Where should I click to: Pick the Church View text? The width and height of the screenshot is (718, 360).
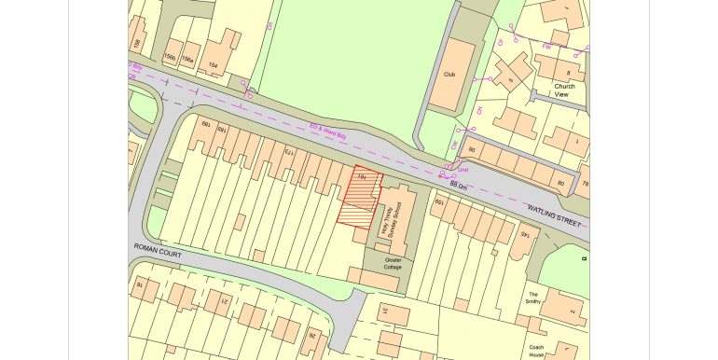[566, 90]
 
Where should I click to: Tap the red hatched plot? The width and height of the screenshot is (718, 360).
[358, 200]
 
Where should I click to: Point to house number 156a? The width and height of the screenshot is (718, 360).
[187, 60]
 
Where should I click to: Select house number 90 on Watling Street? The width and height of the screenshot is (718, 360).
[472, 148]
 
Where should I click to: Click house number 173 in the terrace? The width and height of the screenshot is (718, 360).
[289, 151]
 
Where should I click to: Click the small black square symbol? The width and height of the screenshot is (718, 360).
[584, 256]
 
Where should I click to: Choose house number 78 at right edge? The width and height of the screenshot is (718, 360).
[585, 184]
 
